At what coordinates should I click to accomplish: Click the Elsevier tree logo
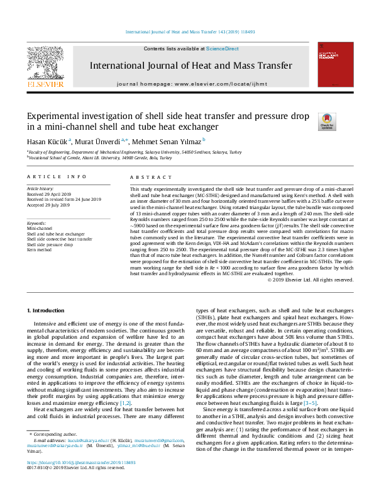point(45,63)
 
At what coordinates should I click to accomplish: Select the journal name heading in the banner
point(190,65)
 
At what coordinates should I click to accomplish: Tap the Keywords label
point(37,224)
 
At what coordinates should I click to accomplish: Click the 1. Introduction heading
point(48,310)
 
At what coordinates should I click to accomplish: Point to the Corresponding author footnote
point(53,452)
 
